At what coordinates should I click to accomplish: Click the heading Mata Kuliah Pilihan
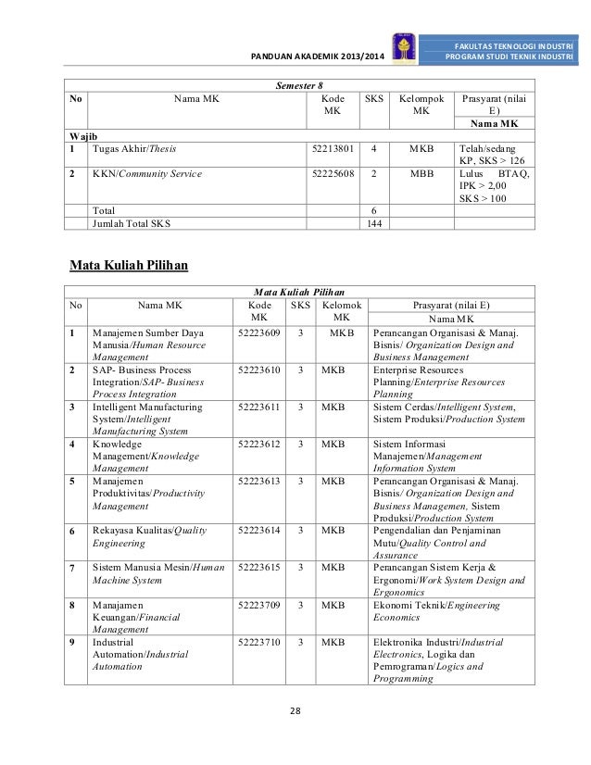[130, 267]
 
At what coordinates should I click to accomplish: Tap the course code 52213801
[331, 147]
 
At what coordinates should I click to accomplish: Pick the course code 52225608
[331, 172]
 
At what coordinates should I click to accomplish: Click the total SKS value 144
[374, 223]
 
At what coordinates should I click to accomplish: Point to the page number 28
[295, 710]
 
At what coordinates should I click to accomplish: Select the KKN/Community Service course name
[146, 172]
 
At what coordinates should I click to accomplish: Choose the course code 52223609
[259, 332]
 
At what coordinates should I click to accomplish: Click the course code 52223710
[259, 641]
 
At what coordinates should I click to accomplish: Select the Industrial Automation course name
[140, 653]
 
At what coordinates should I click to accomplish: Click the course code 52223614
[259, 531]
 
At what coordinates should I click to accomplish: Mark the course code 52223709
[259, 605]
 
